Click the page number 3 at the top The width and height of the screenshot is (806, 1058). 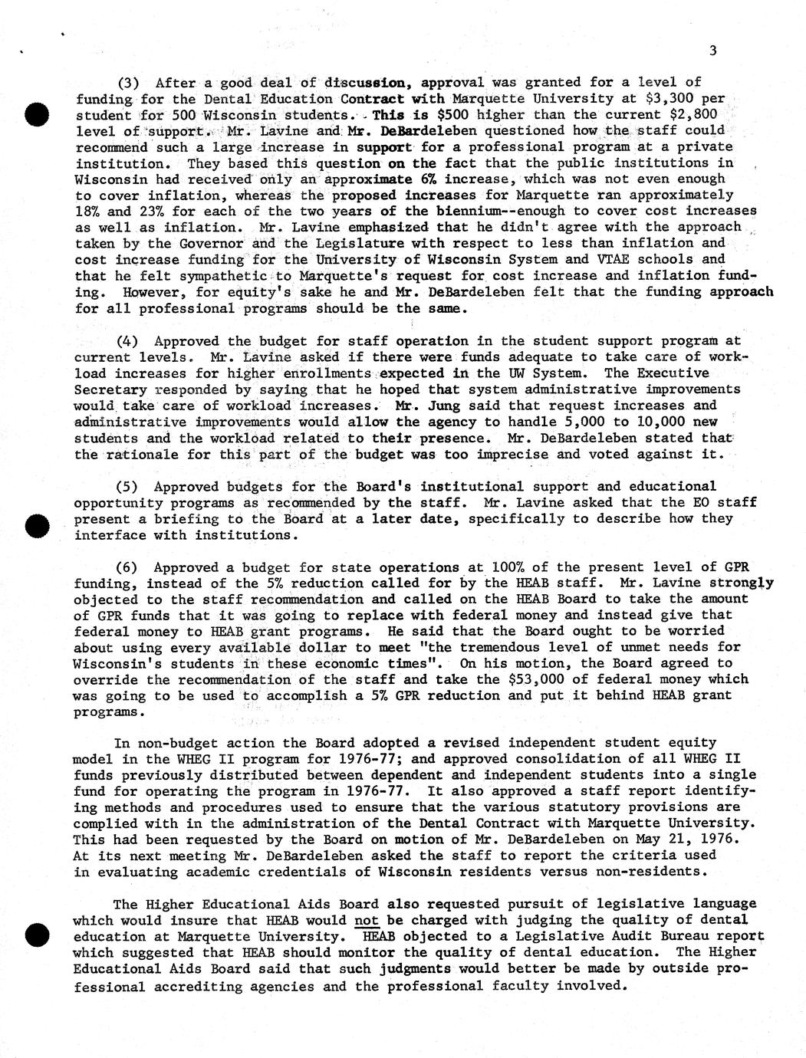pos(713,51)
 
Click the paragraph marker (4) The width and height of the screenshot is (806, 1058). pos(127,341)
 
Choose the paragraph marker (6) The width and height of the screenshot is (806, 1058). pos(127,567)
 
